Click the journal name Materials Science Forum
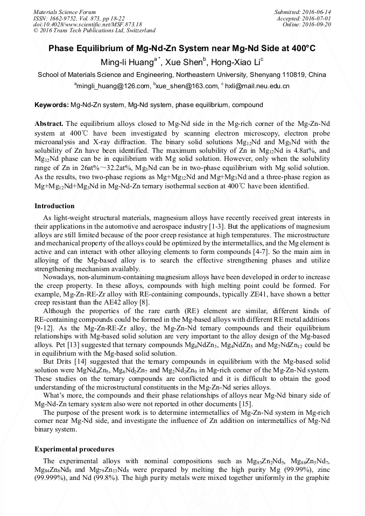(x=65, y=11)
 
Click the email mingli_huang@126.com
(x=113, y=86)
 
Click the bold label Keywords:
(x=52, y=104)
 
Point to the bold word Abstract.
(x=50, y=123)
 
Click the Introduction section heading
(x=54, y=206)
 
